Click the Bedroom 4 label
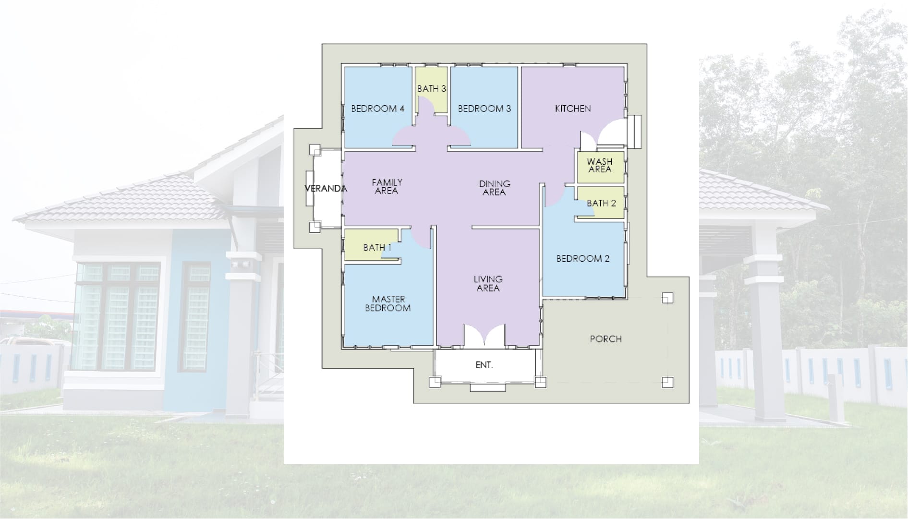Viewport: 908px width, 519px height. (x=377, y=109)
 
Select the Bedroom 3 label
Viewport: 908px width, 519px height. (x=484, y=109)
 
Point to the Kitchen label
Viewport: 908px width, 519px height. (x=573, y=109)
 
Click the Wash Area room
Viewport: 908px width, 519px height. (x=601, y=167)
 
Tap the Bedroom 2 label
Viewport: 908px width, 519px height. (x=583, y=258)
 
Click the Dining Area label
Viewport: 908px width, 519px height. (x=494, y=188)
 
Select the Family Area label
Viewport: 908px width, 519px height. (x=387, y=186)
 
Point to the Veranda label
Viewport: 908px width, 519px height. (x=326, y=189)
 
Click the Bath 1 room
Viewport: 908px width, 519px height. (x=372, y=245)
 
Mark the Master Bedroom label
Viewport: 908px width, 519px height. (x=388, y=303)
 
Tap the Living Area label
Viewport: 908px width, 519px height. (x=488, y=283)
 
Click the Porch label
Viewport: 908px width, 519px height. (x=605, y=339)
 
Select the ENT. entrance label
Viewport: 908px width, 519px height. (x=484, y=365)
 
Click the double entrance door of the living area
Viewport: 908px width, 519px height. (x=484, y=335)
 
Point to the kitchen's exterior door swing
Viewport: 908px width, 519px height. (x=611, y=133)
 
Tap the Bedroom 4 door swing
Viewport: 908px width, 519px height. (x=403, y=136)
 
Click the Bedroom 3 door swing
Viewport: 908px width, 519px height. (x=460, y=136)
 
